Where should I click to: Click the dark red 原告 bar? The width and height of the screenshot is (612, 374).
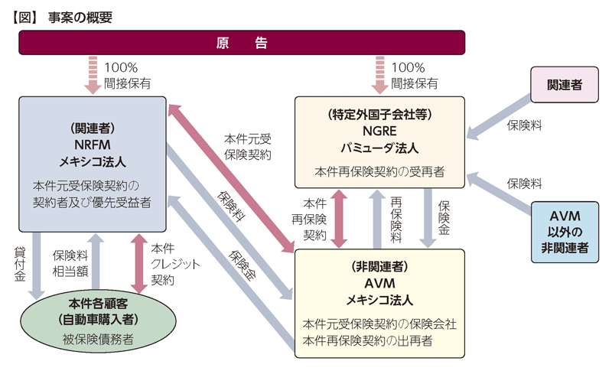242,43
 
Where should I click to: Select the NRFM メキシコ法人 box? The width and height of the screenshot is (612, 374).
93,164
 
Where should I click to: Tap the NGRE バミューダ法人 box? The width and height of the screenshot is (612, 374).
379,142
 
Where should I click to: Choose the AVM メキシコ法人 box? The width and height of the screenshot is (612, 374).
379,304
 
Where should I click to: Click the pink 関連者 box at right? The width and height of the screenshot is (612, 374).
565,85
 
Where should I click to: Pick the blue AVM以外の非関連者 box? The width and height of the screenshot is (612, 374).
565,232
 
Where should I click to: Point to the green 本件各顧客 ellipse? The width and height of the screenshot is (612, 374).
98,321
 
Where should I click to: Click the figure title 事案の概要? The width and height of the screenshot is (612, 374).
80,18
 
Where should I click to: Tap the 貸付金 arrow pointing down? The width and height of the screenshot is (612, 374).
37,266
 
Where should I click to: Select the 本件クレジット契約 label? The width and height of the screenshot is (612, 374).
175,265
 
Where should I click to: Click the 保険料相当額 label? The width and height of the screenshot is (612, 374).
70,264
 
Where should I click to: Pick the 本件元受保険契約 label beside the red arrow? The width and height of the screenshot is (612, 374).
247,147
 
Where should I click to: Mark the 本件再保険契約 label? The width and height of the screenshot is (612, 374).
309,220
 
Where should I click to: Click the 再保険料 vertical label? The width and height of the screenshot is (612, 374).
396,220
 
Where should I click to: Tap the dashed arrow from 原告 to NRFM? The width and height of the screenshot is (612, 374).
93,75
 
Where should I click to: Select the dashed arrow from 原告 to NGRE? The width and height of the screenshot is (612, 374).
379,75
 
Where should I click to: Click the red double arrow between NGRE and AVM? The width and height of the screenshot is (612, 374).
339,219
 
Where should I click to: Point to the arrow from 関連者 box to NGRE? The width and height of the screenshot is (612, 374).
500,117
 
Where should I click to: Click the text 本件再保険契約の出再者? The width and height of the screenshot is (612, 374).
367,341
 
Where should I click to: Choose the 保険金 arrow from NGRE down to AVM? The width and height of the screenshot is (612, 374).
428,218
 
